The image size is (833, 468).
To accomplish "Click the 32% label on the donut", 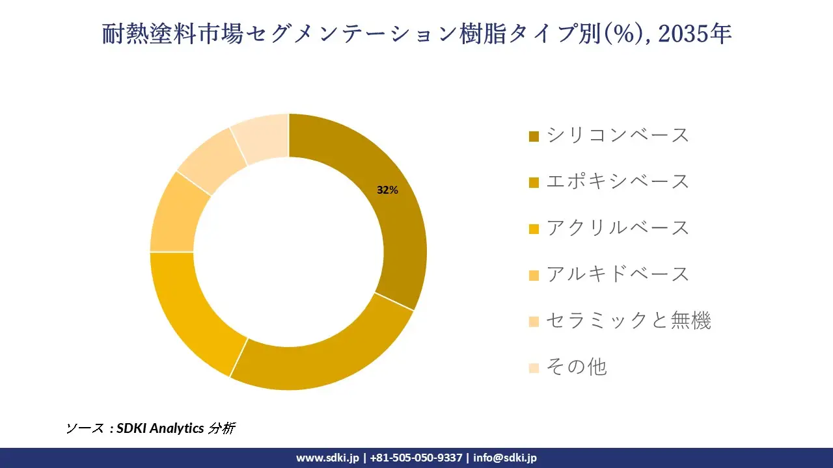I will coord(387,190).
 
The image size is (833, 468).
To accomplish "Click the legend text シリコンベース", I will coord(617,135).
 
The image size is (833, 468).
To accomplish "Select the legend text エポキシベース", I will coord(617,181).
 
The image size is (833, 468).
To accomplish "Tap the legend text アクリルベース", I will coord(617,227).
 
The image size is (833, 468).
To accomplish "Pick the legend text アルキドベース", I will coord(617,274).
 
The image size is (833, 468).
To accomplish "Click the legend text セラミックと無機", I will coord(628,320).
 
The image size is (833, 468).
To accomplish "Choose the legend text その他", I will coord(576,367).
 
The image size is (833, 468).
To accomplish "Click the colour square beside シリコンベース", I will coord(534,136).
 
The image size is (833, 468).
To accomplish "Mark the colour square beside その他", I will coord(534,369).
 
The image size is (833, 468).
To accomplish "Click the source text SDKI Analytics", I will coord(160,428).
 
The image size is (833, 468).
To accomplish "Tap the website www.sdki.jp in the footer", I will coord(327,458).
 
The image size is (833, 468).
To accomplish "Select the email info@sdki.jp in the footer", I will coord(505,458).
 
